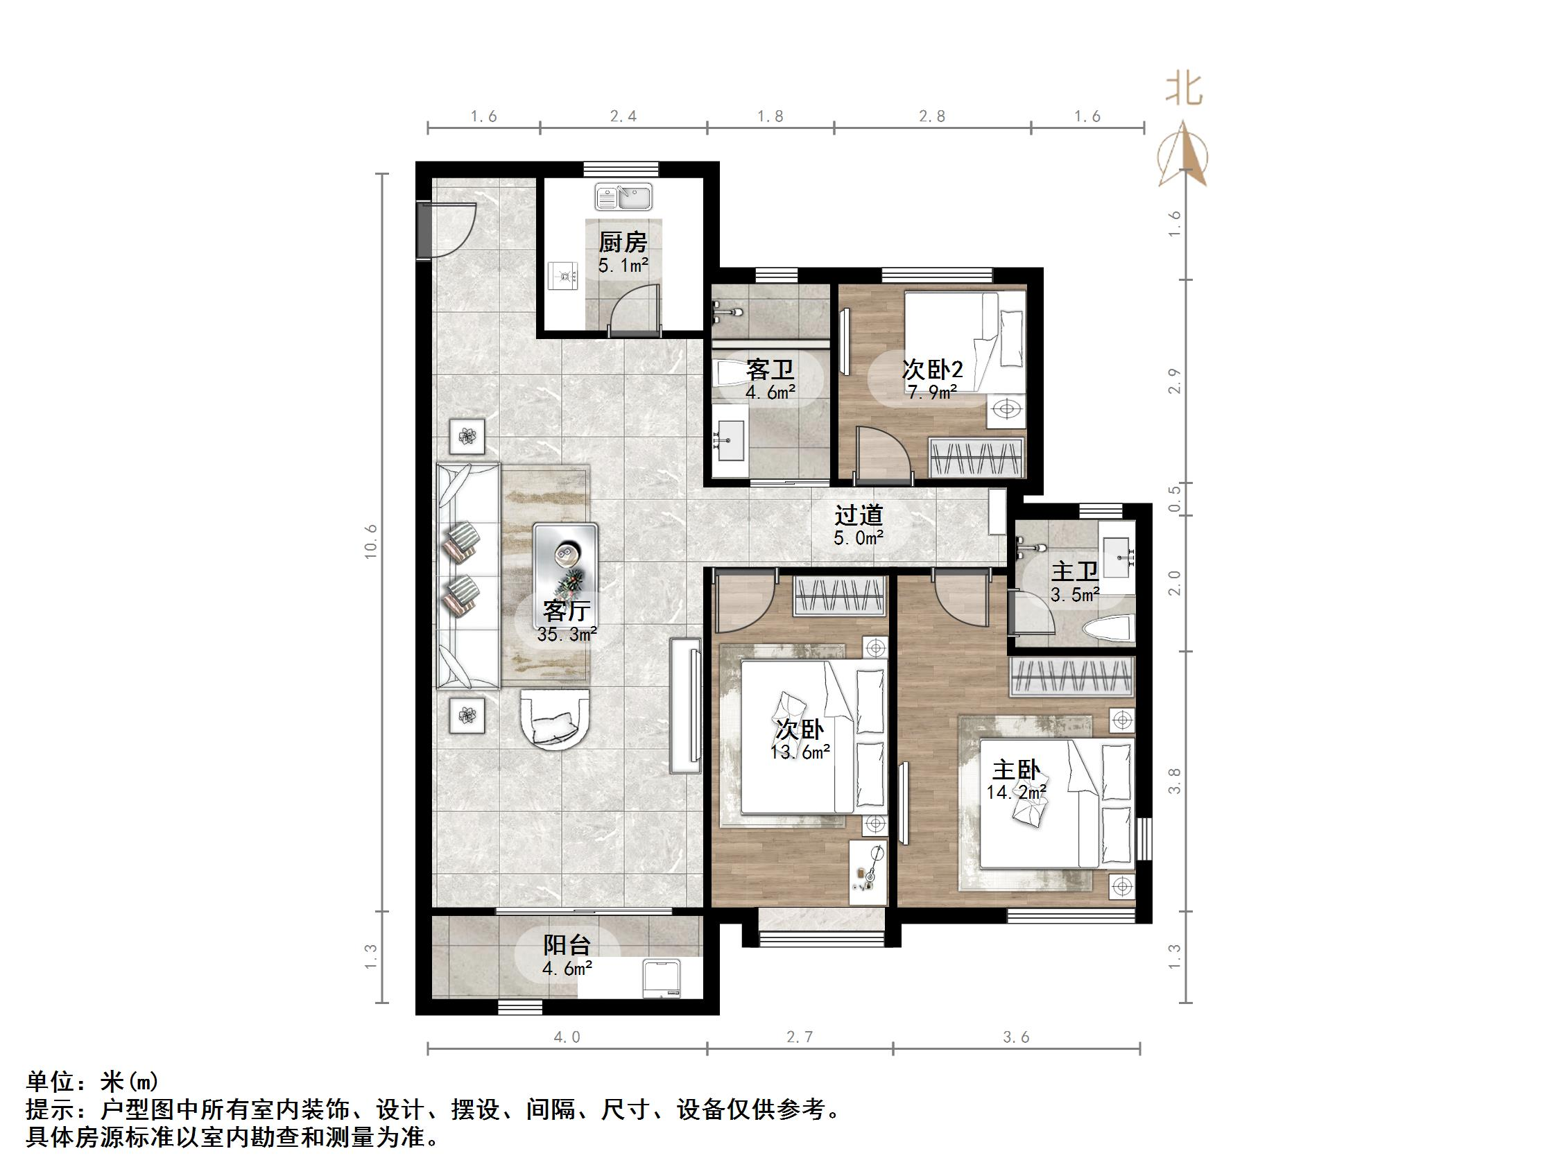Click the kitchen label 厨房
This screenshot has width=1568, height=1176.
pyautogui.click(x=622, y=243)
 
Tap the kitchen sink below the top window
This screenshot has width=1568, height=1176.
pyautogui.click(x=623, y=197)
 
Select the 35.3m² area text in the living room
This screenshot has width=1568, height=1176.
pyautogui.click(x=567, y=634)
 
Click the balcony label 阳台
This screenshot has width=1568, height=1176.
pyautogui.click(x=567, y=945)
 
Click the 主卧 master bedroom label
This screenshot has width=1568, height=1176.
pyautogui.click(x=1015, y=770)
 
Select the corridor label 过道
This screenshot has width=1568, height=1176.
pyautogui.click(x=858, y=515)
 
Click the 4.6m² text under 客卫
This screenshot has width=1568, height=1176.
pyautogui.click(x=770, y=392)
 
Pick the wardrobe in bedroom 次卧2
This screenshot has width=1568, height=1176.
pyautogui.click(x=976, y=458)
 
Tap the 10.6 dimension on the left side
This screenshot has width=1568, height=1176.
pyautogui.click(x=372, y=542)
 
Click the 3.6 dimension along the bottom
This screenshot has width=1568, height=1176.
pyautogui.click(x=1016, y=1038)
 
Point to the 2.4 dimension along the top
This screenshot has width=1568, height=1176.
pyautogui.click(x=623, y=116)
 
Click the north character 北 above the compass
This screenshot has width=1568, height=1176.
pyautogui.click(x=1184, y=90)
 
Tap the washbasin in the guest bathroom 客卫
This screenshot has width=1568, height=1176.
pyautogui.click(x=730, y=441)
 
